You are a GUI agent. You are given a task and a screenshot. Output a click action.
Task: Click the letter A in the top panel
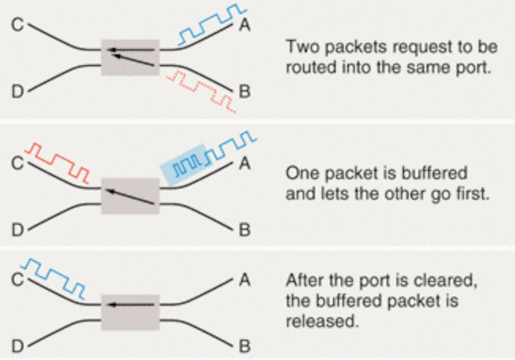pos(245,24)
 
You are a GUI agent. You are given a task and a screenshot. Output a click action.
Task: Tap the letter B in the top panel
pos(245,91)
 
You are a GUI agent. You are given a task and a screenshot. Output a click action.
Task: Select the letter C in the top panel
pos(18,25)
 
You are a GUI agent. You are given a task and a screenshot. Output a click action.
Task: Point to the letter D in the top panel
pos(18,91)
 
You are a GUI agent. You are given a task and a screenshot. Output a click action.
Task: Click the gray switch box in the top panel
pos(130,57)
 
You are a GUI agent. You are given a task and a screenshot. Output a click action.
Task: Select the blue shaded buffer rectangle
pos(187,165)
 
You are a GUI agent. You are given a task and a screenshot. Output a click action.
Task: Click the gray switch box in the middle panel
pos(130,196)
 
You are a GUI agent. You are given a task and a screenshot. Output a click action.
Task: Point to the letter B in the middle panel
pos(245,230)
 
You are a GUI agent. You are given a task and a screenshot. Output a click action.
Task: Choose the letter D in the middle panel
pos(18,230)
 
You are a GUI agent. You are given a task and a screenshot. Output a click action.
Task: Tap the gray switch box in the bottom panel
pos(130,312)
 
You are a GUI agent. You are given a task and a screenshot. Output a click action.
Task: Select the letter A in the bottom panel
pos(245,280)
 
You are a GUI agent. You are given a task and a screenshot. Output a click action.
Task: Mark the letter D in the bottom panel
pos(18,346)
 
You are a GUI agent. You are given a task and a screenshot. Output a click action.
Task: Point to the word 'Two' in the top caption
pos(303,47)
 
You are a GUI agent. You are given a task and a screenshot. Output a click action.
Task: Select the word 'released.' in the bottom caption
pos(322,321)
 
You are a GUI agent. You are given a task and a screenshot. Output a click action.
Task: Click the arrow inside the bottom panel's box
pos(131,304)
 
